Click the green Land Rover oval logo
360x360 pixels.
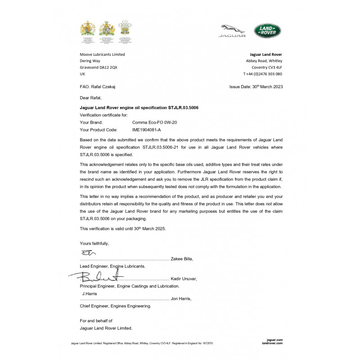tap(267, 31)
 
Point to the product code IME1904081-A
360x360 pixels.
tap(147, 129)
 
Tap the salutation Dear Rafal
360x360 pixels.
tap(91, 98)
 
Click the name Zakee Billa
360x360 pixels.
tap(182, 259)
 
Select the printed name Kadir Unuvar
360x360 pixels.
tap(184, 279)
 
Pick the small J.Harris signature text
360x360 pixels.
tap(89, 293)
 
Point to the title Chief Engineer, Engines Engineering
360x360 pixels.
tap(115, 306)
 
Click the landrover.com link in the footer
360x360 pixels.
tap(274, 343)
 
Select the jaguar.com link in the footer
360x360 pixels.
tap(274, 339)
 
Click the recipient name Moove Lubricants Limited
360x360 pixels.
tap(102, 54)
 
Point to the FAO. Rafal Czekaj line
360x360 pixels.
tap(100, 86)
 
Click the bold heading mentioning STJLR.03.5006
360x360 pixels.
tap(139, 108)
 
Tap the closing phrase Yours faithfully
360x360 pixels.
tap(94, 243)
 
